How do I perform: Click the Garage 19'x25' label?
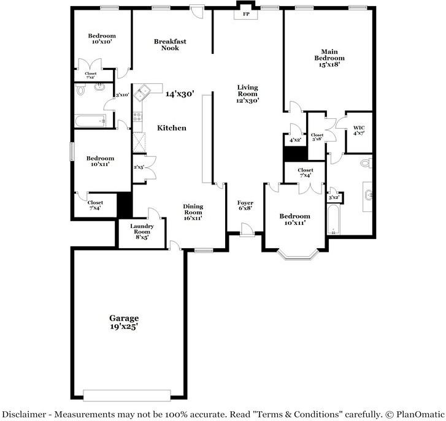coord(124,322)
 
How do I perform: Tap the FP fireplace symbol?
coord(246,14)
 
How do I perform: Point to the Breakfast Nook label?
coord(170,45)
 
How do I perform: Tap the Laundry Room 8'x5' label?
coord(142,231)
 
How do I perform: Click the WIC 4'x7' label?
coord(358,131)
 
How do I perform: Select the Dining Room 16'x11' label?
coord(193,212)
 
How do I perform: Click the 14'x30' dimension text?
coord(180,94)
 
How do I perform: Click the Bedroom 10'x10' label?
coord(101,39)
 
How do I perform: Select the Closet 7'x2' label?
coord(90,75)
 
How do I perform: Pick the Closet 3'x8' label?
coord(317,137)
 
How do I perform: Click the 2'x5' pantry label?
coord(139,167)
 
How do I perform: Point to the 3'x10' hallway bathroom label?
coord(122,94)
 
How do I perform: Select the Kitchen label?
coord(172,128)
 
